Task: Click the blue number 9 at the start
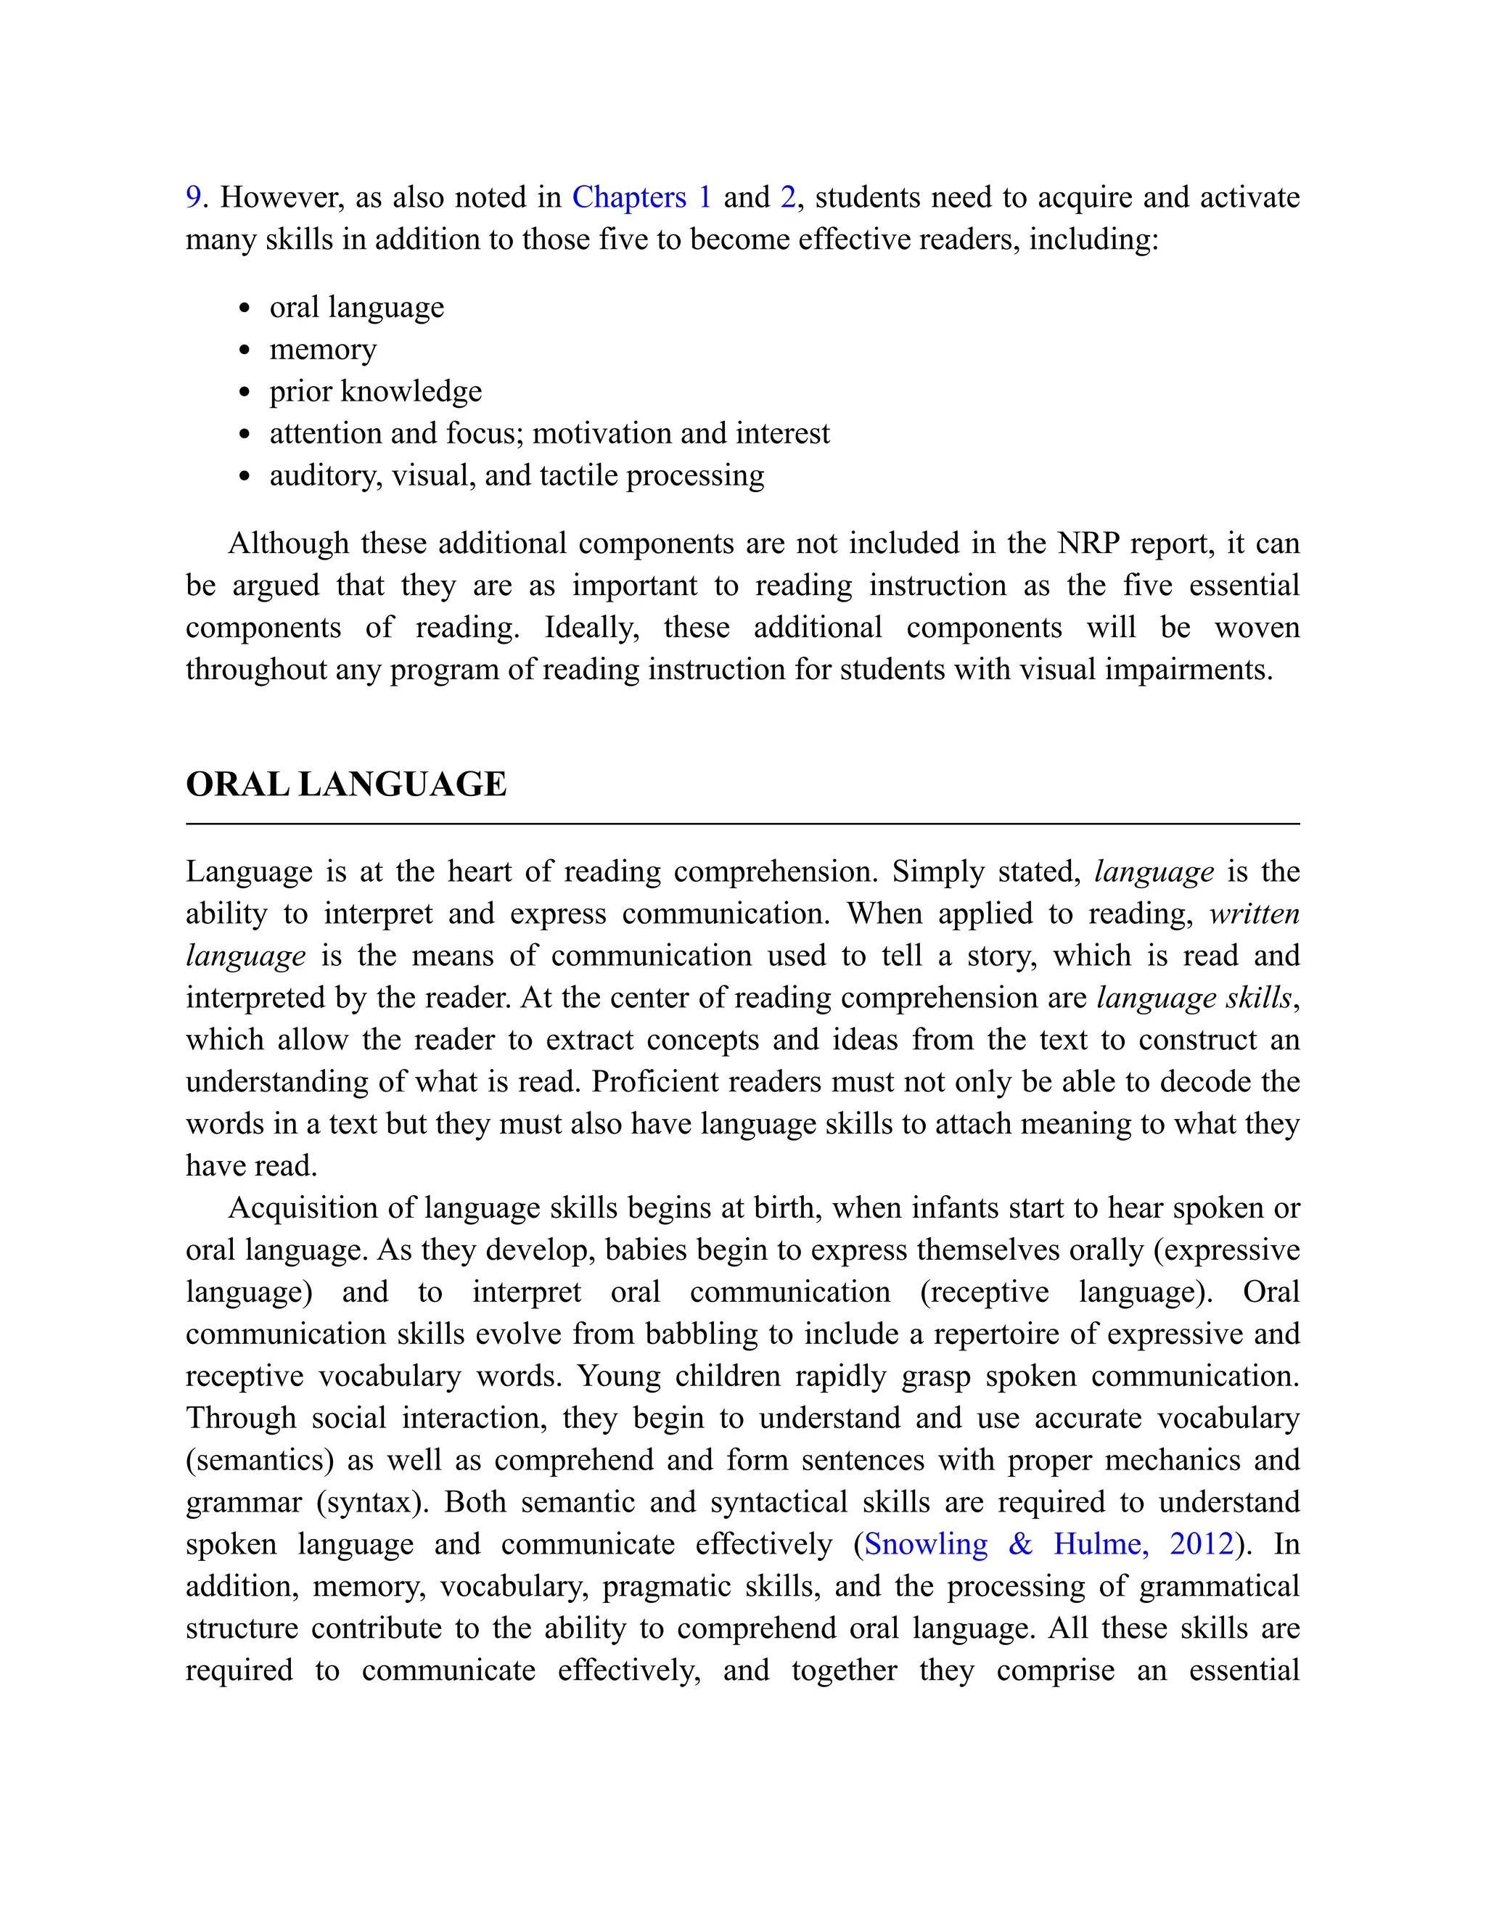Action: [193, 197]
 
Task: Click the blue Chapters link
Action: [628, 197]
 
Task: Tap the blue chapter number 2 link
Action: [787, 197]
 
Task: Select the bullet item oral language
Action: [356, 307]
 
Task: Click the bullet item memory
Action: [322, 350]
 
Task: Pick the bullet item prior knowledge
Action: [375, 391]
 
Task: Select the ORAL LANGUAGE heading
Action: [346, 784]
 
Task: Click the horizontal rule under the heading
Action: [742, 824]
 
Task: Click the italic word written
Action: [1254, 914]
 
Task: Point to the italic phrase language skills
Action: [1194, 998]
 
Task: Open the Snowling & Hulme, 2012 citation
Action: [1048, 1544]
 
